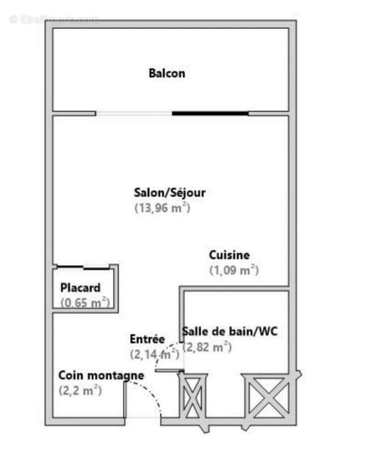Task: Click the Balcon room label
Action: [x=167, y=73]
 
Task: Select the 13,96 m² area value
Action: [x=162, y=208]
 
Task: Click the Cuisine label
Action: [x=229, y=255]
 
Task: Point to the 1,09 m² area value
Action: [x=234, y=270]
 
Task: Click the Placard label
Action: [x=80, y=288]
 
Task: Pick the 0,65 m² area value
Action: [x=85, y=303]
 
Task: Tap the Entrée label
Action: [x=147, y=339]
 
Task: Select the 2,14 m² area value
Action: [x=154, y=355]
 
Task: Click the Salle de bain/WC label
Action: [x=229, y=332]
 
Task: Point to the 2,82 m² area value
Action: [x=207, y=347]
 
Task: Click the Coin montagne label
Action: [x=101, y=376]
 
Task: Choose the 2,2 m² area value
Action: [x=80, y=390]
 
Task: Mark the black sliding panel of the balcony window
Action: [x=210, y=113]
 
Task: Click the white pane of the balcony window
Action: [x=134, y=113]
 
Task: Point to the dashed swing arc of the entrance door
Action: [x=152, y=394]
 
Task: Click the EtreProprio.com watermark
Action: [x=54, y=19]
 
